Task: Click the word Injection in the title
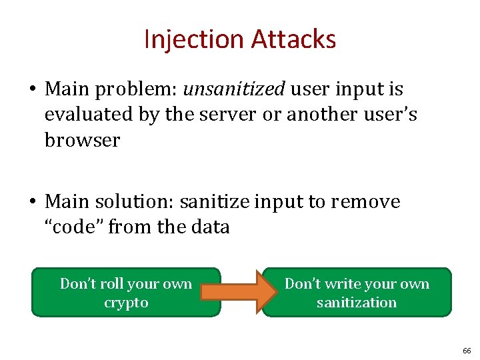point(195,39)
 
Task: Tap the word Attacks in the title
point(294,39)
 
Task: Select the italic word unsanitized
point(233,89)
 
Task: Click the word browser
point(82,141)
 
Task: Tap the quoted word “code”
point(73,227)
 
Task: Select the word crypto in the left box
point(126,303)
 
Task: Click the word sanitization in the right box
point(356,303)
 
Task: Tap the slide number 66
point(466,350)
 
